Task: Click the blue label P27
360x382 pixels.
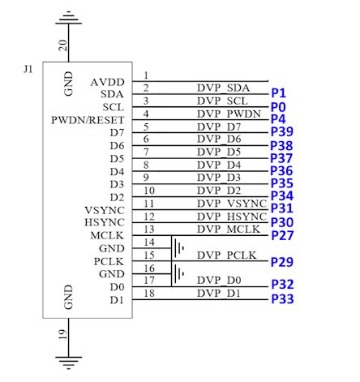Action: point(281,235)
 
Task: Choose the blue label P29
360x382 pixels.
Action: point(281,261)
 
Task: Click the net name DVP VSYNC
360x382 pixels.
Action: point(231,204)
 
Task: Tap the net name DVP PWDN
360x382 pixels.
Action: point(231,114)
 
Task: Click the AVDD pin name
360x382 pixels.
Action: point(108,81)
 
